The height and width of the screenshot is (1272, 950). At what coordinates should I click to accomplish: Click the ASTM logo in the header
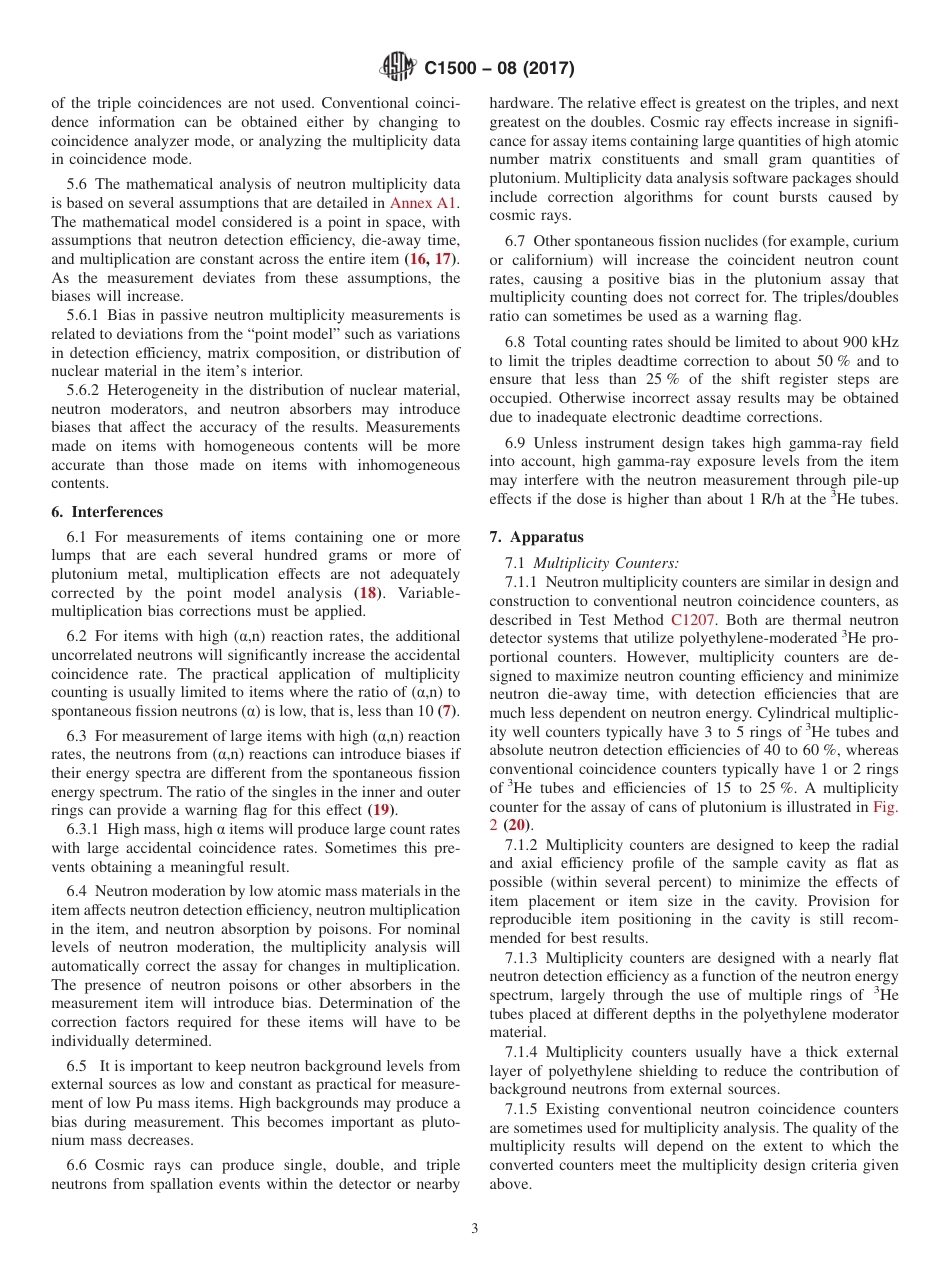point(398,68)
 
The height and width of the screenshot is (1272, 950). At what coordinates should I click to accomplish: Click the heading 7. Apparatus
point(536,536)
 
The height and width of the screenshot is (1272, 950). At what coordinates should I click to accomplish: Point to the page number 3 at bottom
point(475,1228)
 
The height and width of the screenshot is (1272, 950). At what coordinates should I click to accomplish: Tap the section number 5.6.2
point(88,389)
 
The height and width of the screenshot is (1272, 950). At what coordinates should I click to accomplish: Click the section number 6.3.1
point(88,829)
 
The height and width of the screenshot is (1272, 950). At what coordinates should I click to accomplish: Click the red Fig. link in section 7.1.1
point(884,806)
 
